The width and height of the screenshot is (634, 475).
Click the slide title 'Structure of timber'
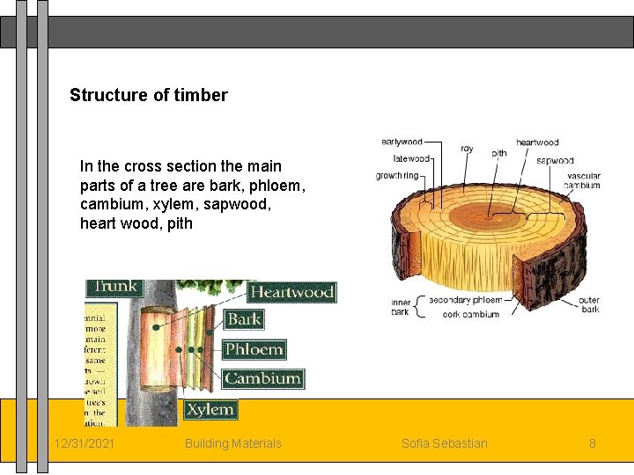pyautogui.click(x=148, y=95)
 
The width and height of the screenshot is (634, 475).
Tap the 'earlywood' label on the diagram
pyautogui.click(x=402, y=142)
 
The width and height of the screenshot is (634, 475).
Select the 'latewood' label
pyautogui.click(x=411, y=159)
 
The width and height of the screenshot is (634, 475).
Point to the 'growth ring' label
pyautogui.click(x=397, y=176)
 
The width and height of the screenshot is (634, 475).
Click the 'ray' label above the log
pyautogui.click(x=467, y=149)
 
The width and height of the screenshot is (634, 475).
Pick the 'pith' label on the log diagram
pyautogui.click(x=498, y=153)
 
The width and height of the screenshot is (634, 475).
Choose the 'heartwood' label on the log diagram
pyautogui.click(x=537, y=142)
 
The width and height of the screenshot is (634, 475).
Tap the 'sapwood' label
pyautogui.click(x=555, y=161)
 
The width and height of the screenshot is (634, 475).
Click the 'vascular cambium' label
pyautogui.click(x=583, y=181)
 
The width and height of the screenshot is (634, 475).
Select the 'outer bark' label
pyautogui.click(x=589, y=305)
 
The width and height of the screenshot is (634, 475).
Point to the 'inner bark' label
pyautogui.click(x=401, y=307)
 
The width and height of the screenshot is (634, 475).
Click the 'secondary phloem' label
pyautogui.click(x=465, y=300)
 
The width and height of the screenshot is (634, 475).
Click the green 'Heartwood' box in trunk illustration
pyautogui.click(x=291, y=292)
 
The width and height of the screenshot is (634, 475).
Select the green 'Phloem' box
pyautogui.click(x=254, y=349)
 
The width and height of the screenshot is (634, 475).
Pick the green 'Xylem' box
pyautogui.click(x=210, y=409)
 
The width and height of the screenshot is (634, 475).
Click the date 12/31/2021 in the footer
pyautogui.click(x=84, y=443)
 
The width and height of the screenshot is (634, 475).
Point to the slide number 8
pyautogui.click(x=593, y=443)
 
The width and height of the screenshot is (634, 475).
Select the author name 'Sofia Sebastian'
pyautogui.click(x=444, y=443)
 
